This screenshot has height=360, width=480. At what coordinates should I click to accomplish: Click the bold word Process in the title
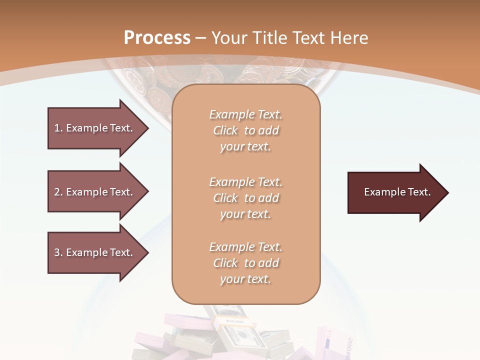click(x=157, y=38)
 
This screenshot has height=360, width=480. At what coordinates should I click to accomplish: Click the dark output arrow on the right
click(x=395, y=192)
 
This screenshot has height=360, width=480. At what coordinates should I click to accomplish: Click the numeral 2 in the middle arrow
click(x=57, y=192)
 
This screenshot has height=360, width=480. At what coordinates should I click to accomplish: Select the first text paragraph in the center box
click(x=245, y=130)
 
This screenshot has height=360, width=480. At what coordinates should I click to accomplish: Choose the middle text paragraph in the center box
click(x=245, y=198)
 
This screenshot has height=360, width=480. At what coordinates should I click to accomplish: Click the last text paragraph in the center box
click(x=245, y=263)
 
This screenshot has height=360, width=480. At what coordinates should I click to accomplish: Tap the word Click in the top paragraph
click(x=225, y=130)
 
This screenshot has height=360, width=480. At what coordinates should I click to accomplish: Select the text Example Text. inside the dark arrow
click(x=397, y=192)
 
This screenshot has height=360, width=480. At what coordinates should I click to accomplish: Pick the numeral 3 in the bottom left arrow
click(x=57, y=252)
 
